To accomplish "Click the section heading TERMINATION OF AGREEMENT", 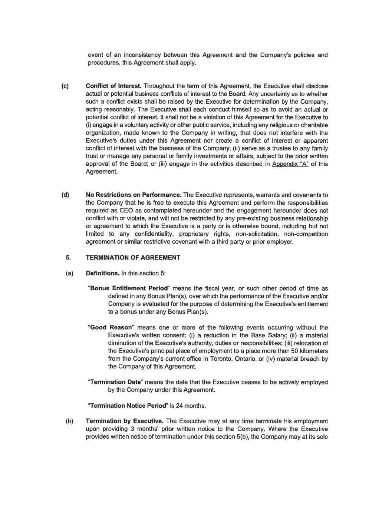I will pos(133,257).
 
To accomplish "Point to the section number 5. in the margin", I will pos(68,257).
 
